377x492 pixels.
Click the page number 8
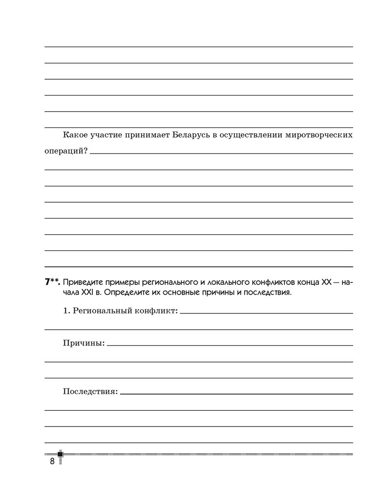click(x=51, y=461)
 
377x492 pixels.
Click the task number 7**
click(x=53, y=282)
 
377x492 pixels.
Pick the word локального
click(x=230, y=282)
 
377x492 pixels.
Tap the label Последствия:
click(x=90, y=392)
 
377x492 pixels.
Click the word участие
click(x=108, y=135)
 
